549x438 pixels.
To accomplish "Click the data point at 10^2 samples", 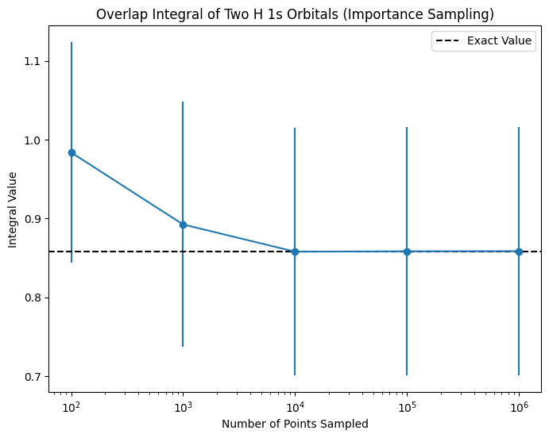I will pos(72,152).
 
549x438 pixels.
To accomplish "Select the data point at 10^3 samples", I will pos(183,225).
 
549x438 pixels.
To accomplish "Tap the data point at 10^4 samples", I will pos(295,252).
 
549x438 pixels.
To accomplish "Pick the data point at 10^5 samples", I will pos(407,252).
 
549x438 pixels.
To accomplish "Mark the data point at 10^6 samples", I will pos(519,252).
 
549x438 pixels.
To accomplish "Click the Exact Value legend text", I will pos(500,41).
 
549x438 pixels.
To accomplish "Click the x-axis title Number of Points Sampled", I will pos(295,424).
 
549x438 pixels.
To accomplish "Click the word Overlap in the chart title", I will pos(117,14).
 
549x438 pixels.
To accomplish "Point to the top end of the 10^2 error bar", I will pos(72,43).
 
